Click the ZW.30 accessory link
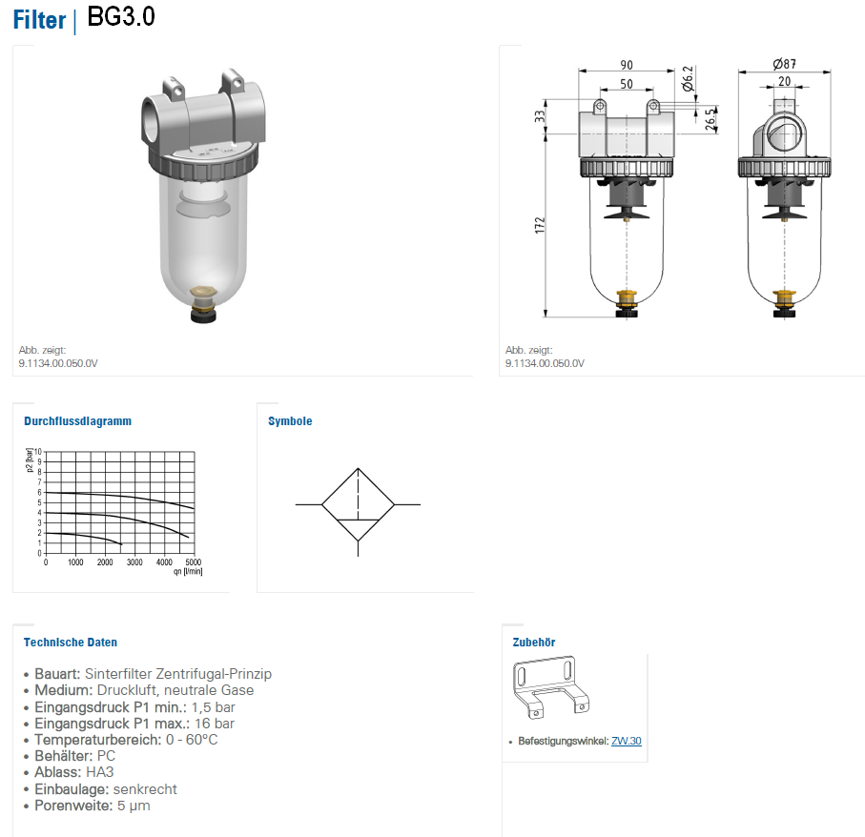tap(627, 741)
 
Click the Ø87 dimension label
tap(784, 64)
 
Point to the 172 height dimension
tap(540, 225)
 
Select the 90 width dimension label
tap(627, 65)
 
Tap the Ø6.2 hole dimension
tap(688, 79)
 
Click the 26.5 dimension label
tap(711, 119)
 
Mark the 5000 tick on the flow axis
tap(193, 562)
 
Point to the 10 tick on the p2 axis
tap(37, 452)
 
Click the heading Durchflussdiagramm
tap(78, 421)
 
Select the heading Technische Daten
tap(70, 643)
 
